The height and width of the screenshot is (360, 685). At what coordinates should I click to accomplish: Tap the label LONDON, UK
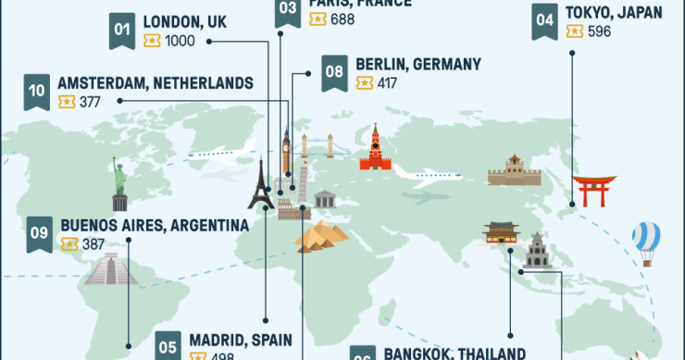click(185, 20)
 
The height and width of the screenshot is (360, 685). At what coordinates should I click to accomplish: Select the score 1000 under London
click(181, 41)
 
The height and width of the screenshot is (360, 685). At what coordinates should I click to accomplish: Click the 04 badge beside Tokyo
click(544, 20)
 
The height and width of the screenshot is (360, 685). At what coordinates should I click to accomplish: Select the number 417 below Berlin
click(386, 84)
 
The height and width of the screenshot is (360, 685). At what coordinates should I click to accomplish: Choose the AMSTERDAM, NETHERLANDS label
click(155, 83)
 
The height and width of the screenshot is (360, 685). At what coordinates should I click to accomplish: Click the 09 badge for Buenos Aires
click(39, 234)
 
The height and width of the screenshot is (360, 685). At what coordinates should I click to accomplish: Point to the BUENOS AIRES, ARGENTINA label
click(155, 225)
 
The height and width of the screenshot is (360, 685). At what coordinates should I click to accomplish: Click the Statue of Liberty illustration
click(119, 184)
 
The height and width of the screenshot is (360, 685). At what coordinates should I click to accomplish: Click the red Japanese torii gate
click(593, 191)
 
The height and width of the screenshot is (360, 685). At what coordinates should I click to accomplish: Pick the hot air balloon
click(646, 242)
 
